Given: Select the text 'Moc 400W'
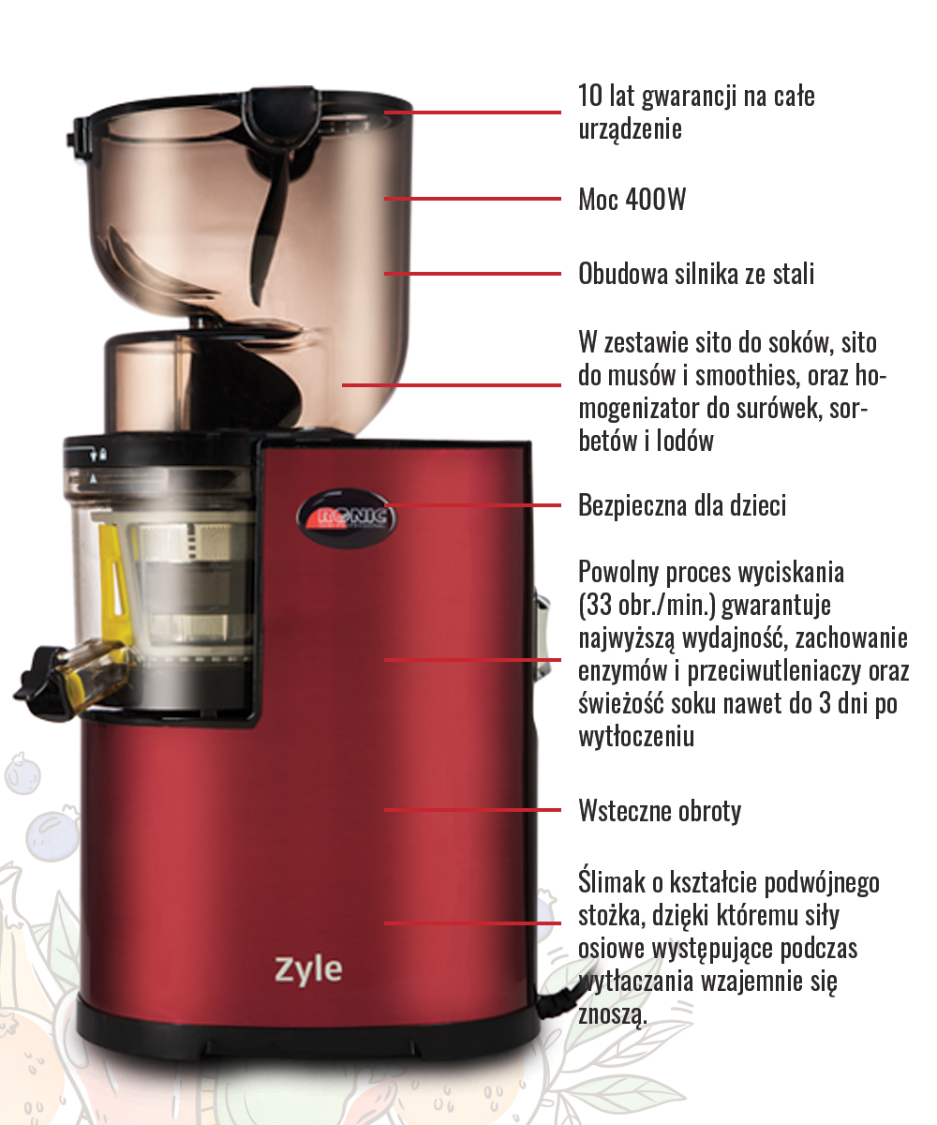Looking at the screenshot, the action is coord(632,200).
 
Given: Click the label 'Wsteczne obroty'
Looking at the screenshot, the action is coord(660,810).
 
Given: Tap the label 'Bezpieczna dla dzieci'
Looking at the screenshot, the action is coord(682,505).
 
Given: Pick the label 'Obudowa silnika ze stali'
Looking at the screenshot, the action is coord(696,274).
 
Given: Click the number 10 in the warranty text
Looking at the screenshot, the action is coord(589,96).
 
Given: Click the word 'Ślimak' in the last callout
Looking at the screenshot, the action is coord(612,881).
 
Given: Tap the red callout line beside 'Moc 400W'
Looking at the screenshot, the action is coord(472,199).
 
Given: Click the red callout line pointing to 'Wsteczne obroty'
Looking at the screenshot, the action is coord(472,809).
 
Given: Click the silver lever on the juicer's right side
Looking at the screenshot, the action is coord(542,635).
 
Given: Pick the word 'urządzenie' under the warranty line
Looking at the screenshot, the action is coord(630,129).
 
